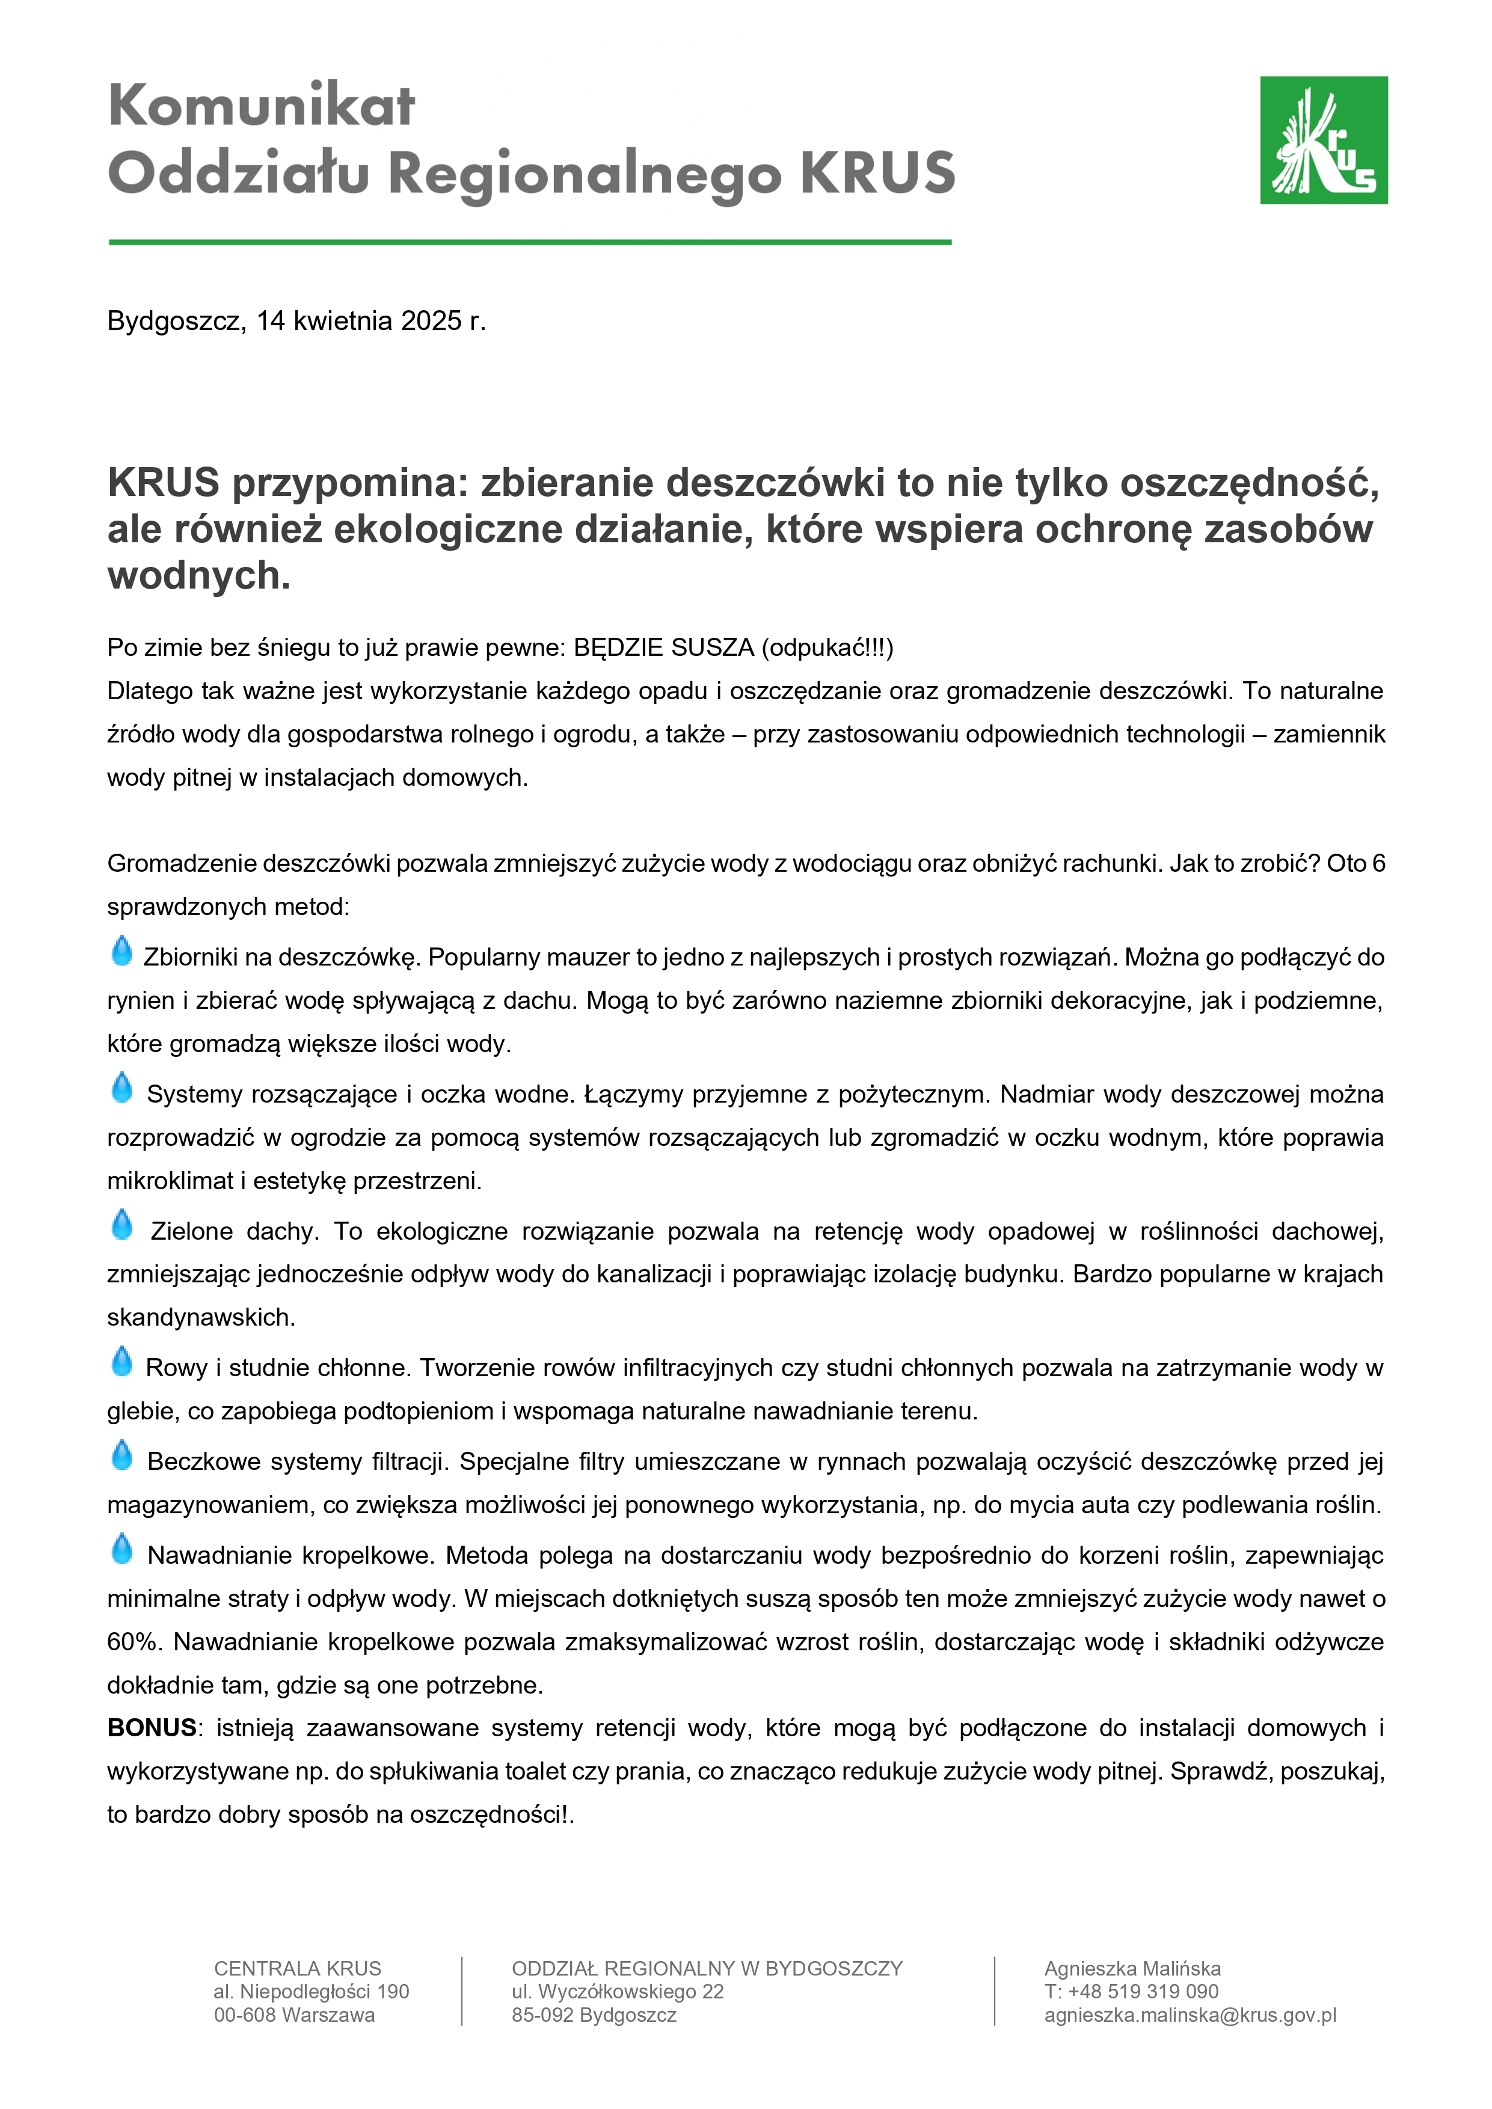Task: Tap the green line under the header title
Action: click(529, 242)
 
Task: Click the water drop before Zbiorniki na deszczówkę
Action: click(121, 952)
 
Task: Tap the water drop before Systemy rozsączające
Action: click(121, 1089)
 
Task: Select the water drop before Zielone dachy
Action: click(121, 1225)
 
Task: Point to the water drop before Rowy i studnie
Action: click(121, 1362)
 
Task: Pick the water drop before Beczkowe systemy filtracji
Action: click(121, 1456)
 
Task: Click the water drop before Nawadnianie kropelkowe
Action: click(121, 1550)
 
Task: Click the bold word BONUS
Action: click(152, 1728)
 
